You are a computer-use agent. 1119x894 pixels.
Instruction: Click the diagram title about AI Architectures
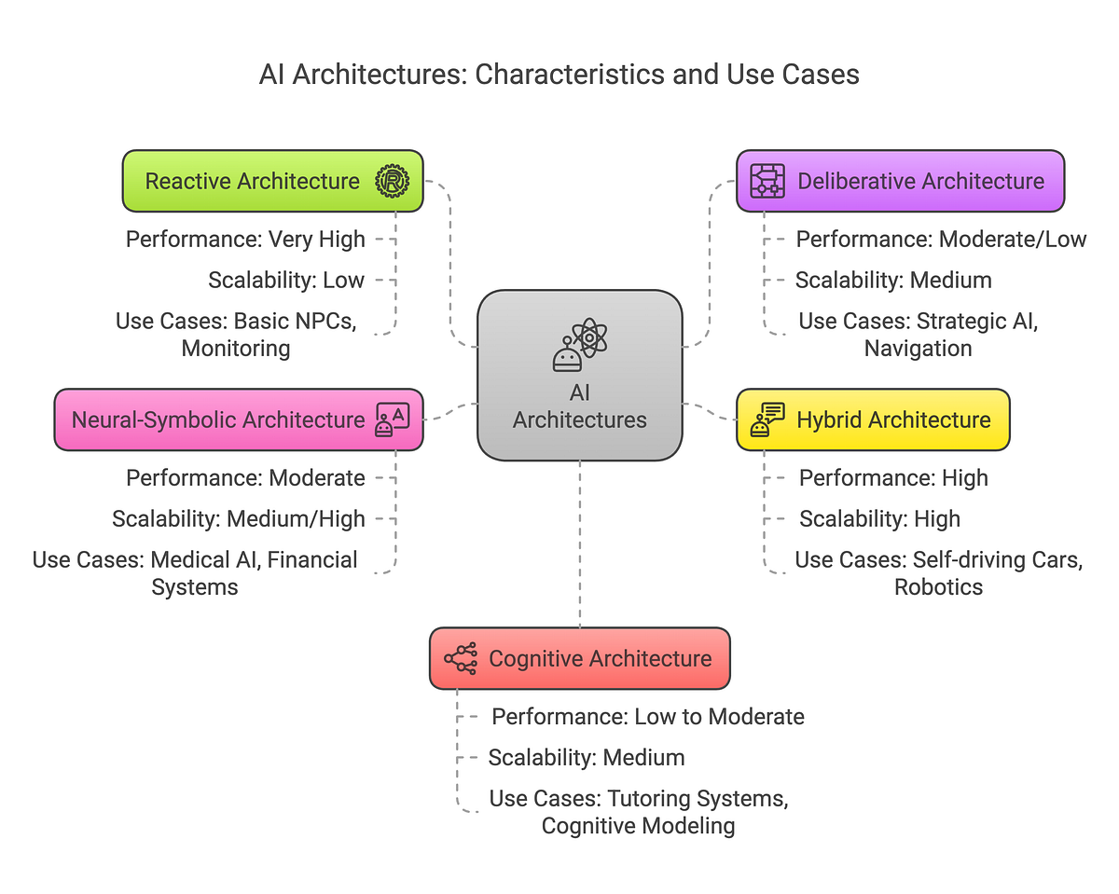559,75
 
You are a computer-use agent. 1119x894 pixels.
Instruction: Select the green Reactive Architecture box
252,181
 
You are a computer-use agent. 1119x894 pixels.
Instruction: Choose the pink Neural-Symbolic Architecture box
218,419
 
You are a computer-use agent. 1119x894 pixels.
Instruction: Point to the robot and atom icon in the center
579,345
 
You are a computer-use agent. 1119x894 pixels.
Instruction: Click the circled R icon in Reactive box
392,181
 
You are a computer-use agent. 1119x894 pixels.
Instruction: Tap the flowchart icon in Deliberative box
767,181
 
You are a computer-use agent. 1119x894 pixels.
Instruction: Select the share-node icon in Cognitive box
461,658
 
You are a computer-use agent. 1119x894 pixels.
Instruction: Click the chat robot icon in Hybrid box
767,419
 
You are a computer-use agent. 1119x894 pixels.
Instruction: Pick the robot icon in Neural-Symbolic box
392,419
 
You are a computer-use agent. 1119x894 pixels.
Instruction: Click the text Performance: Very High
245,240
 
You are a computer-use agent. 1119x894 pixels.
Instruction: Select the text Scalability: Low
286,280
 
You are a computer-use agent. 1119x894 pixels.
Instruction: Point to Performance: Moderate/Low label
941,240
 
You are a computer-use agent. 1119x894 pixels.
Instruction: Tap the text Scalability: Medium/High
239,518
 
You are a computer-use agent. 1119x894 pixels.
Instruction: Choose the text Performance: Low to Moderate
648,717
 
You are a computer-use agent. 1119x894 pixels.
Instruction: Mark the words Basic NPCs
295,322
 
